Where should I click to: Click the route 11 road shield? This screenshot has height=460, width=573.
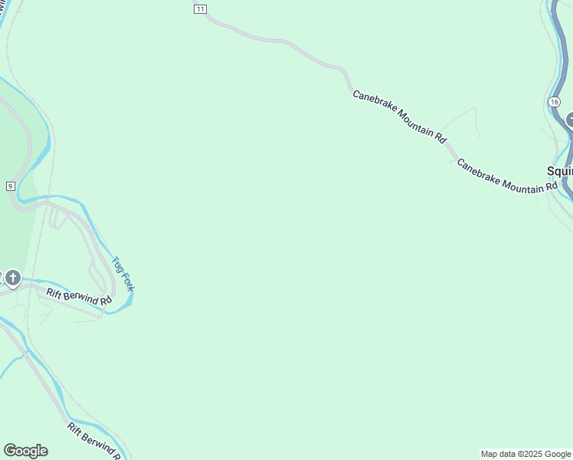pyautogui.click(x=200, y=9)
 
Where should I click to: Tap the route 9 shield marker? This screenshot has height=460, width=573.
pyautogui.click(x=10, y=186)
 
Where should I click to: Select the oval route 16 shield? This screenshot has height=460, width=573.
pyautogui.click(x=555, y=102)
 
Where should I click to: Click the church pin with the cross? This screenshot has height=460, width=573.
pyautogui.click(x=12, y=277)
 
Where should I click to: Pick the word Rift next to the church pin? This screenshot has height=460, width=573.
pyautogui.click(x=54, y=292)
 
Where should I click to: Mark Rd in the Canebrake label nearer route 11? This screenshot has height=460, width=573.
pyautogui.click(x=440, y=137)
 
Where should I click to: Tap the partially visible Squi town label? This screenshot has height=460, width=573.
pyautogui.click(x=559, y=171)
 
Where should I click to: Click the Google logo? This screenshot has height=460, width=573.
pyautogui.click(x=25, y=451)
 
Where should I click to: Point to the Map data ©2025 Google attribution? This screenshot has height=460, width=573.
pyautogui.click(x=526, y=454)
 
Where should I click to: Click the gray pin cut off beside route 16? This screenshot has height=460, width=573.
pyautogui.click(x=569, y=120)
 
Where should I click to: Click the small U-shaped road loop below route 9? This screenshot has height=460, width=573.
pyautogui.click(x=56, y=219)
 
